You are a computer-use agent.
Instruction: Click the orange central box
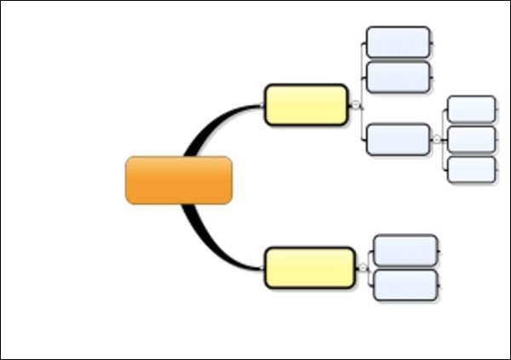179,180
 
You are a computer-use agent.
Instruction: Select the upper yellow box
306,105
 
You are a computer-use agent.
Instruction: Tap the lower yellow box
309,267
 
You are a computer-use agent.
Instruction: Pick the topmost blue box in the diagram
398,42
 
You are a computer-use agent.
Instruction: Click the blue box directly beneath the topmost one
398,77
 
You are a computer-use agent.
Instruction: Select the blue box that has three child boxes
398,140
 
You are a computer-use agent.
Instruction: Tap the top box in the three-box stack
471,109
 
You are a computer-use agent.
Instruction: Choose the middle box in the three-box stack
471,139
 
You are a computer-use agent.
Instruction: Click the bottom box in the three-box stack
471,169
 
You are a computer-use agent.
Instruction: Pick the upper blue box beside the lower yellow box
405,250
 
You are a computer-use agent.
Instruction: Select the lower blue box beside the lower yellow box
405,285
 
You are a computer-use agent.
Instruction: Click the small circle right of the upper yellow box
355,105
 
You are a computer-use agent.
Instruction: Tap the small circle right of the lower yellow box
362,267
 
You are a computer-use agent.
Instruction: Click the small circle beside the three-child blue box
436,139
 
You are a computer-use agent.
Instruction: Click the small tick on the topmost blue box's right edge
433,42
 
